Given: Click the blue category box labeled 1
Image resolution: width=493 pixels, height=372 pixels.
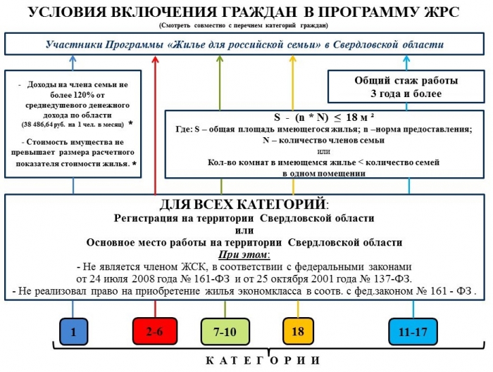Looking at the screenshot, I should click(73, 331).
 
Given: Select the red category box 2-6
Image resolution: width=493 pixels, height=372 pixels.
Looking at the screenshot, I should click(155, 331).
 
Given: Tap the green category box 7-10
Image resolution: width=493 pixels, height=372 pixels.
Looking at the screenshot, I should click(224, 331).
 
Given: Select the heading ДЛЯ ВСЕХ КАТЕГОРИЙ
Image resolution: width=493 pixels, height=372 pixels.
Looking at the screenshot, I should click(243, 205).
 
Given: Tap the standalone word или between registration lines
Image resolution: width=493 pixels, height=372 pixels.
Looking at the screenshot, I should click(243, 230).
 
